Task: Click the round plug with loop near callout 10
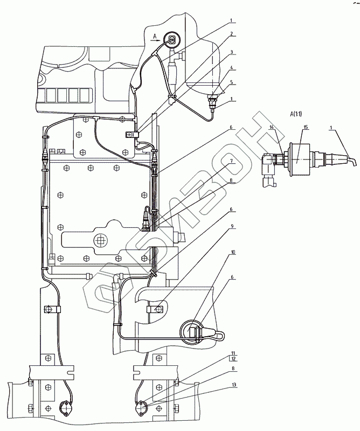coord(195,330)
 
